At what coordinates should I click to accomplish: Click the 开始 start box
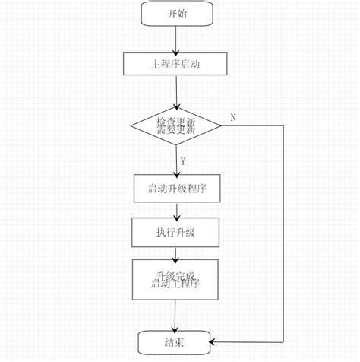(x=175, y=13)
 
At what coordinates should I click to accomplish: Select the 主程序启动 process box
(x=175, y=64)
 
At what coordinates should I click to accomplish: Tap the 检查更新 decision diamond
(x=175, y=125)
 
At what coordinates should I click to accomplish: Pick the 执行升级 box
(x=175, y=232)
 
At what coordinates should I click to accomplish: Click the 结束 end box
(x=175, y=342)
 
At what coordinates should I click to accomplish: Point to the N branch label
(x=232, y=117)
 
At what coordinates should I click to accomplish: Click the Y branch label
(x=183, y=161)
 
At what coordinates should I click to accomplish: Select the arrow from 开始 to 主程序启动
(x=175, y=38)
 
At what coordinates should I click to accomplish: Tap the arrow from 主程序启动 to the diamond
(x=175, y=90)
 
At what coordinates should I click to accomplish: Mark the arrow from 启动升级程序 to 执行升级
(x=175, y=211)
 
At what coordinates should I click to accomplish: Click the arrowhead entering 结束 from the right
(x=214, y=342)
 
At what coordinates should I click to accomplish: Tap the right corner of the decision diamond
(x=220, y=125)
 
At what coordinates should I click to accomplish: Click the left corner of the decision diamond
(x=131, y=125)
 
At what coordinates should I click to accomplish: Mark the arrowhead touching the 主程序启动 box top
(x=175, y=49)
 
